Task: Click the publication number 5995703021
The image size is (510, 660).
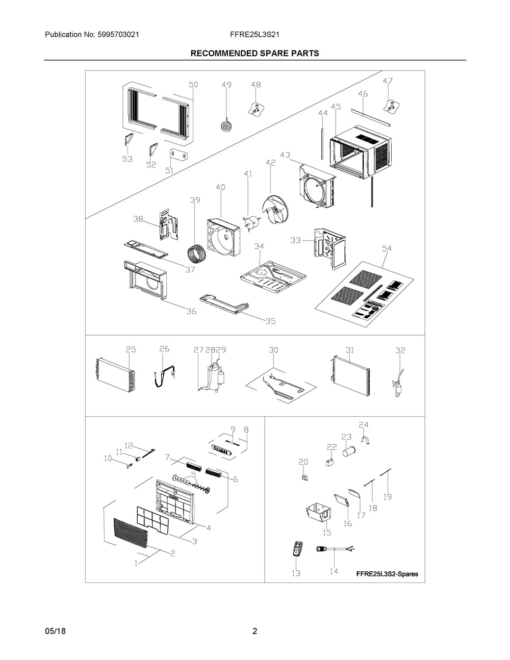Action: click(x=118, y=35)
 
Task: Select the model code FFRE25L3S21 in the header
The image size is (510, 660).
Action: click(x=254, y=35)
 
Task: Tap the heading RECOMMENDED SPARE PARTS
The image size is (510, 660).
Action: click(x=254, y=54)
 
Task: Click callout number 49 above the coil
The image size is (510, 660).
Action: click(x=226, y=85)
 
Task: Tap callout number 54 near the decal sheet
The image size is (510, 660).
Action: click(x=387, y=249)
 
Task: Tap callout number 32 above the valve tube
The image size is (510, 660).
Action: click(x=400, y=350)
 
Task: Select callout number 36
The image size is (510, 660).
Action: click(x=191, y=311)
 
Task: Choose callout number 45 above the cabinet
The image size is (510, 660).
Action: click(x=336, y=107)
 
